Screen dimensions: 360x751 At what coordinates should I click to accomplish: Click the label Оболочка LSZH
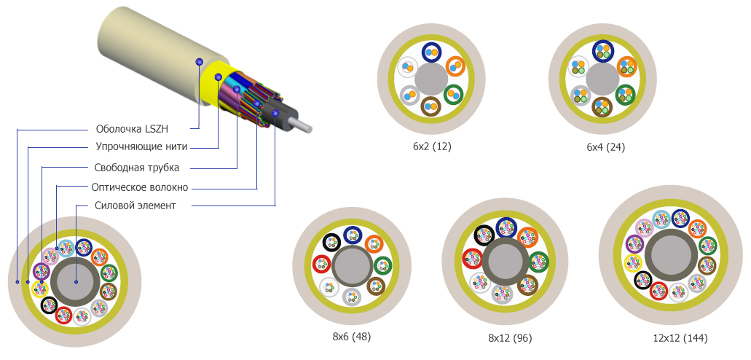132,128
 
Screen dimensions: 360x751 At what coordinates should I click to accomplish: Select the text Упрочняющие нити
141,147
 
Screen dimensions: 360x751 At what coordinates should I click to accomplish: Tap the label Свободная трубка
136,167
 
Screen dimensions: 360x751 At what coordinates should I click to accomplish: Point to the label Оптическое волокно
141,187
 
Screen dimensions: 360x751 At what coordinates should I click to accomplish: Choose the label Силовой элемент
135,206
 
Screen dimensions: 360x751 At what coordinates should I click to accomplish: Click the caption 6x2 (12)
432,146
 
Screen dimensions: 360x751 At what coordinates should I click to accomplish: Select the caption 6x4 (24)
605,146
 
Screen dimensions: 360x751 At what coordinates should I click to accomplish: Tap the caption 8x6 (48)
351,337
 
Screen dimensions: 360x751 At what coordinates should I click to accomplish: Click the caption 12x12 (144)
680,338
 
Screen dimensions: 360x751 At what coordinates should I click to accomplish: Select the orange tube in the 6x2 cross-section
455,66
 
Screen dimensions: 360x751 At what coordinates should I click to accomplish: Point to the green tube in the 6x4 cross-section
626,95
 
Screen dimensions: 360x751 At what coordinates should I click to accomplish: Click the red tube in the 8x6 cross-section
321,264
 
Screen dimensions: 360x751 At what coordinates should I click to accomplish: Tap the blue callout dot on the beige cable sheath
199,63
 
